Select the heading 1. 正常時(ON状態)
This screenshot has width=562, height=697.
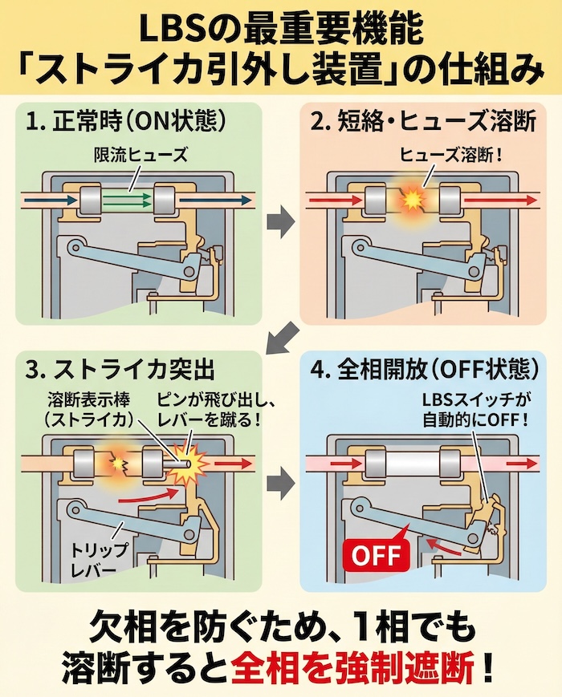124,123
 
